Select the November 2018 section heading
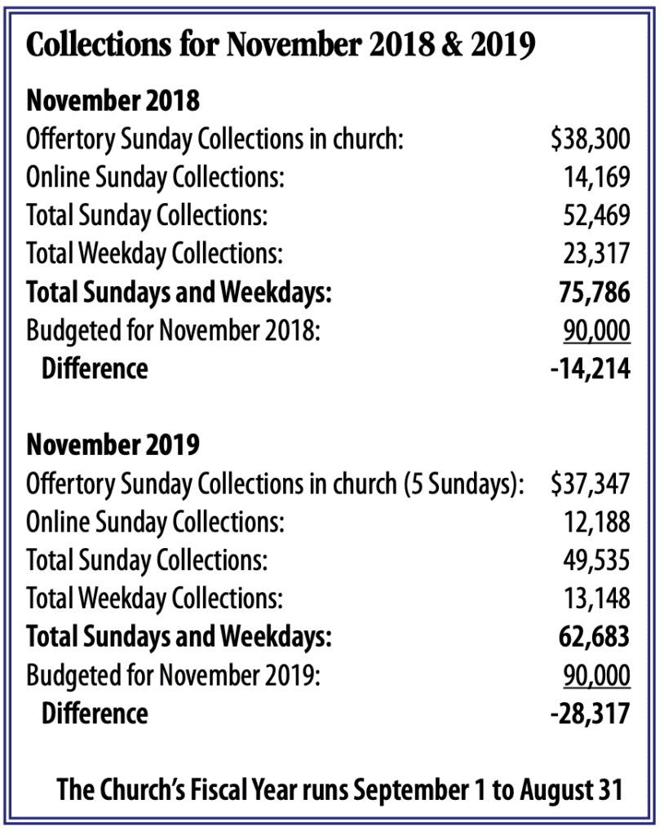(113, 102)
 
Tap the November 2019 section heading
(113, 445)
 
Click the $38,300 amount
(590, 139)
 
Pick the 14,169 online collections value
(596, 178)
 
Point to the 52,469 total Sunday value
(596, 216)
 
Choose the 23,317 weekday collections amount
(596, 254)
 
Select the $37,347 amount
(590, 484)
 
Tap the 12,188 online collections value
(596, 522)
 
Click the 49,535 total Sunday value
(596, 560)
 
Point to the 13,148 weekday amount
(596, 599)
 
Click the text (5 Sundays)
(463, 484)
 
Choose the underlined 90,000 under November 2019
(596, 675)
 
